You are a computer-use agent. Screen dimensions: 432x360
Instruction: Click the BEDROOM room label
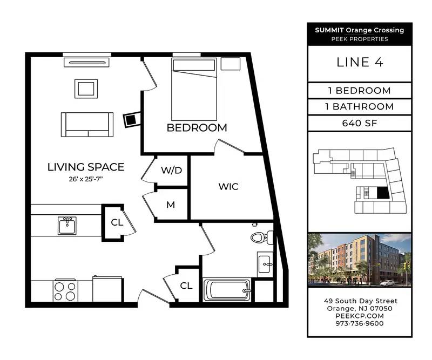pyautogui.click(x=197, y=128)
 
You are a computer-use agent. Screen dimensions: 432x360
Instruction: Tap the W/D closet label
pyautogui.click(x=172, y=170)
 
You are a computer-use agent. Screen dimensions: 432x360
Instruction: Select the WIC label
pyautogui.click(x=228, y=187)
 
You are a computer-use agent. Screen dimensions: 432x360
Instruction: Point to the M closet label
pyautogui.click(x=171, y=205)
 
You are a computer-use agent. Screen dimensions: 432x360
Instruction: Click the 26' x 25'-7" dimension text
pyautogui.click(x=86, y=179)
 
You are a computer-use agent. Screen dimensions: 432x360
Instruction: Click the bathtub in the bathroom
pyautogui.click(x=227, y=290)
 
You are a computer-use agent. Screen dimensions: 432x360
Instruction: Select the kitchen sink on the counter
pyautogui.click(x=67, y=226)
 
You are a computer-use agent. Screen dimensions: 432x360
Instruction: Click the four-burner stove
pyautogui.click(x=65, y=291)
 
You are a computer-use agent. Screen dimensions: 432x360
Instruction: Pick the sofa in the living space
pyautogui.click(x=87, y=125)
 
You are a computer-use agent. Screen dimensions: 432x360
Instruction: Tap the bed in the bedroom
pyautogui.click(x=194, y=89)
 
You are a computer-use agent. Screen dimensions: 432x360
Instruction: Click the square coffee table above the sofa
pyautogui.click(x=86, y=89)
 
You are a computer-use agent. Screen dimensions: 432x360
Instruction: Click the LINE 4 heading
pyautogui.click(x=360, y=62)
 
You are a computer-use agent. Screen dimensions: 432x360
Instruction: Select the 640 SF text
pyautogui.click(x=360, y=123)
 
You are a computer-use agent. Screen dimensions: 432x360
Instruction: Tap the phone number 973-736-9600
pyautogui.click(x=360, y=323)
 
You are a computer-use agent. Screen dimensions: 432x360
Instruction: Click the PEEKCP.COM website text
pyautogui.click(x=360, y=316)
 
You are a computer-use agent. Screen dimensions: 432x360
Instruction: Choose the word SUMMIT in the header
pyautogui.click(x=329, y=30)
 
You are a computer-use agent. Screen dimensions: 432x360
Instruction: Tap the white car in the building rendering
pyautogui.click(x=388, y=283)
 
